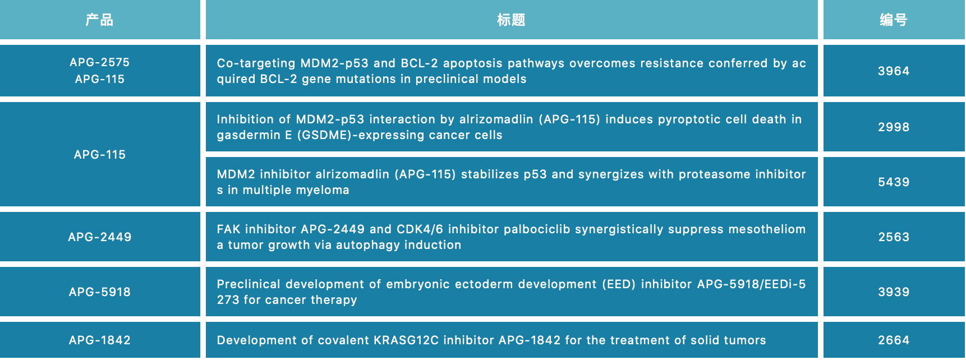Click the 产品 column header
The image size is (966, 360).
(99, 20)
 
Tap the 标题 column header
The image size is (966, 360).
(511, 20)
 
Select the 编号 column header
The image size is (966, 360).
(894, 20)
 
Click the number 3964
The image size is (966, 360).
(894, 71)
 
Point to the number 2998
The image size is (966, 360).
(894, 127)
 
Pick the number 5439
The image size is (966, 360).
(894, 182)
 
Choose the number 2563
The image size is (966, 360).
(894, 237)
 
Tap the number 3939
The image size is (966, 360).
(894, 292)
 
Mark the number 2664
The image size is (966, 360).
(894, 340)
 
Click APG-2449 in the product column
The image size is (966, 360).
(100, 237)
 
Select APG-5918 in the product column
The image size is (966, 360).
(100, 292)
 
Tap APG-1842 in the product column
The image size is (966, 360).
(100, 340)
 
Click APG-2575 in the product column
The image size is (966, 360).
(100, 62)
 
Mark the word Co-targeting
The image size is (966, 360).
(256, 63)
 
